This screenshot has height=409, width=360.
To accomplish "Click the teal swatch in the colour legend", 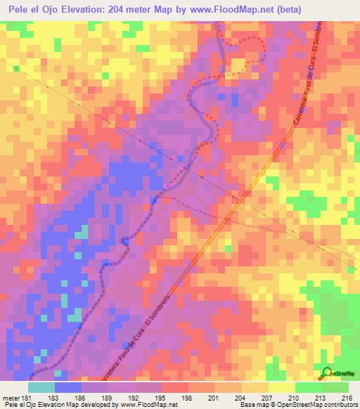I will click(41, 388).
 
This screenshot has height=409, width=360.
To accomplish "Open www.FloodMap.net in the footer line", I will click(148, 404).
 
